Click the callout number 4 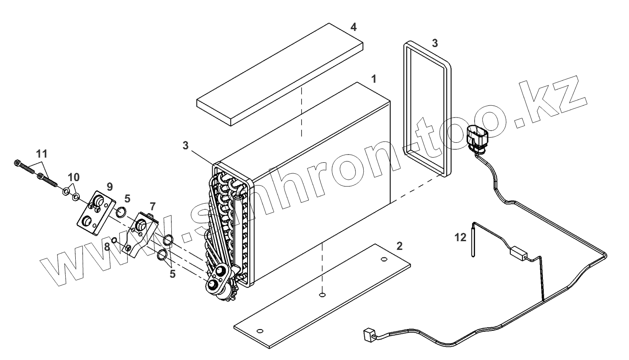[x=354, y=27]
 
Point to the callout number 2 [x=399, y=246]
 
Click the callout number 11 [x=42, y=154]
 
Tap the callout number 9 [x=109, y=186]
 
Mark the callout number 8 [x=107, y=247]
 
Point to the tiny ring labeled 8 [x=114, y=241]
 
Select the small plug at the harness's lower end [x=368, y=336]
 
